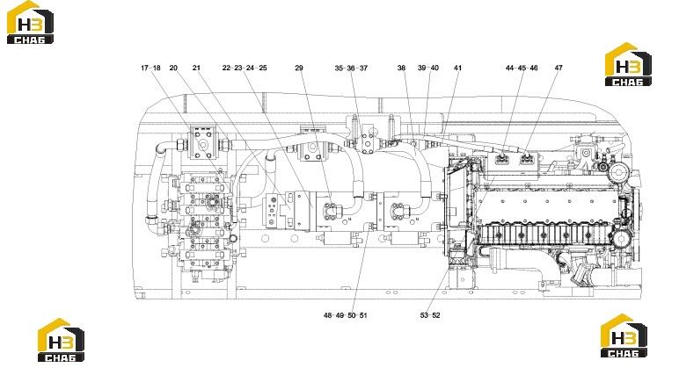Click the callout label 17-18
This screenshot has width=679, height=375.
click(x=150, y=68)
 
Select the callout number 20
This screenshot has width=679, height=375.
click(x=173, y=68)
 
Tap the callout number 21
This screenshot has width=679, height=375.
click(x=197, y=68)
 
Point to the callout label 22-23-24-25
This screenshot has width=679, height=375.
click(x=245, y=68)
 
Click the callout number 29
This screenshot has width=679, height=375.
click(x=299, y=68)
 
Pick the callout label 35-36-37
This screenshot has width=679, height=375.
click(x=351, y=68)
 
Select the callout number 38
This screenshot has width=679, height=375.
click(x=401, y=68)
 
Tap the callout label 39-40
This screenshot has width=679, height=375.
click(x=428, y=68)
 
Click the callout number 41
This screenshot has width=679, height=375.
click(x=457, y=68)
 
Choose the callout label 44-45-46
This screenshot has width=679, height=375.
click(x=522, y=68)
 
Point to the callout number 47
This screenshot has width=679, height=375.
click(x=559, y=68)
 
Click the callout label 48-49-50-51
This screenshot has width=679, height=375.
click(x=345, y=315)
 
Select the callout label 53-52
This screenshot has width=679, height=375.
click(x=430, y=315)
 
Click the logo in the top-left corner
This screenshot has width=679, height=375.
click(x=30, y=23)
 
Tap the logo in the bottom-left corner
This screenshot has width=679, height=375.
click(x=61, y=340)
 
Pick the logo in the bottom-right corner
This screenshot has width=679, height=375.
click(x=624, y=335)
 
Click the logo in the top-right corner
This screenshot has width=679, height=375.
click(x=628, y=64)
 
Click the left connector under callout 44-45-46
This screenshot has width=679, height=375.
click(x=502, y=159)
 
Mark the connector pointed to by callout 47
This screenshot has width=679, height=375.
click(x=527, y=159)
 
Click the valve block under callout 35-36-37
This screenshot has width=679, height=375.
click(x=369, y=139)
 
